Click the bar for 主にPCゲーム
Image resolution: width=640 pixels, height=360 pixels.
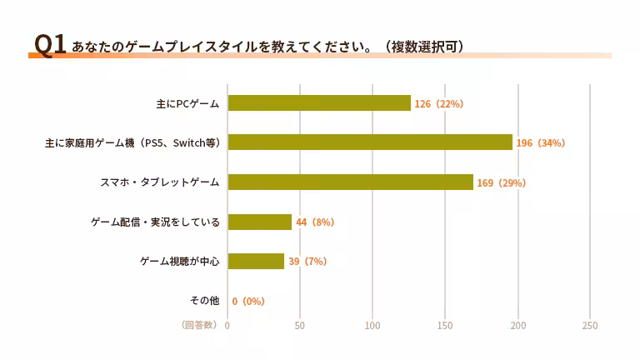(319, 102)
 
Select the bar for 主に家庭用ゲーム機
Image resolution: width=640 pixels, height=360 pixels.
(370, 142)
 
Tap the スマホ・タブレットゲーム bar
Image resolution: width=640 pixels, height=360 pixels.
(350, 182)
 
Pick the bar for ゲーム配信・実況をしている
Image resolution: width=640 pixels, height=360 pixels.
(259, 222)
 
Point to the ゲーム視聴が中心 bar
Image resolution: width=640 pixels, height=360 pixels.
(256, 261)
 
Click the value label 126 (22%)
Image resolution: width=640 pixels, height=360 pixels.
(438, 103)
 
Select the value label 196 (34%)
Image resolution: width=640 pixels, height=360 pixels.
(540, 142)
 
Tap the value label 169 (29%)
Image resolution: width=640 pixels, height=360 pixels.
(501, 182)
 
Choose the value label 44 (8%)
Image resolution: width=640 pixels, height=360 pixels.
(314, 222)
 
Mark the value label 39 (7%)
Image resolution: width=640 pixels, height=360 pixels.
(307, 261)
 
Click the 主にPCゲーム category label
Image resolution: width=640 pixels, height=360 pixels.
(187, 103)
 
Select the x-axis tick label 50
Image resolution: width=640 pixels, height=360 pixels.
(300, 325)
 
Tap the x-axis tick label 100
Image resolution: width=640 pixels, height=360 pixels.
(372, 325)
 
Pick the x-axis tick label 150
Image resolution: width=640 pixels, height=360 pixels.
(445, 325)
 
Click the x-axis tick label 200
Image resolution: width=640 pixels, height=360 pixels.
(517, 325)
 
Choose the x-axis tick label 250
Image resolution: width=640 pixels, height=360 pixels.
(590, 325)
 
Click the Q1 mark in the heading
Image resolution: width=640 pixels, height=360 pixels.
(48, 45)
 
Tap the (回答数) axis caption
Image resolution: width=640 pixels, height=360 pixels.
(199, 325)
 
